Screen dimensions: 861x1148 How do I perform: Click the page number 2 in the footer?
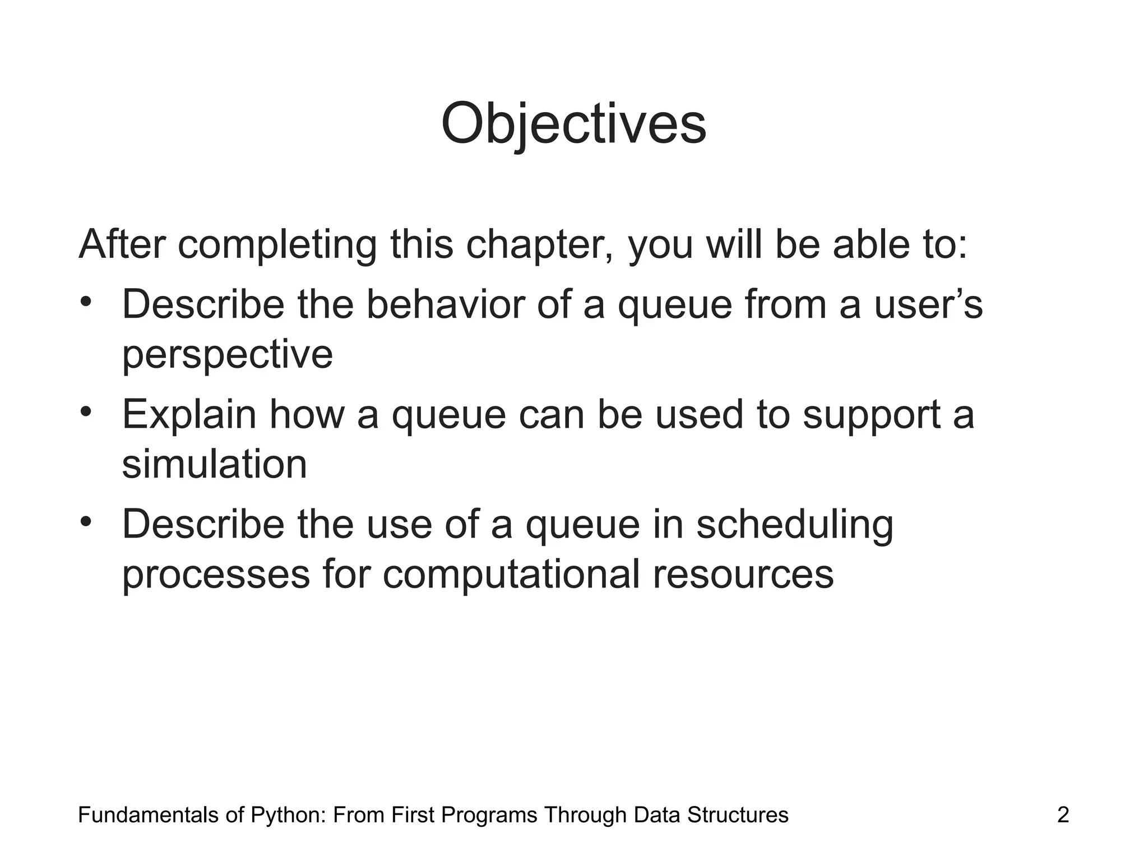point(1063,815)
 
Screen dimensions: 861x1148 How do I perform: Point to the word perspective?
point(228,355)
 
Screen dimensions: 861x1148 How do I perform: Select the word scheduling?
point(794,525)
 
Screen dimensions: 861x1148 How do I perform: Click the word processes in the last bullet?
point(216,575)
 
